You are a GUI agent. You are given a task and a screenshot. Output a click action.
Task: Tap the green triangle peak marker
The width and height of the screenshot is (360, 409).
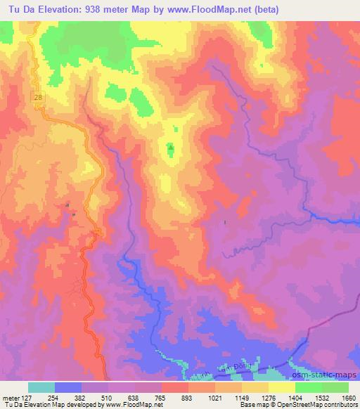[170, 148]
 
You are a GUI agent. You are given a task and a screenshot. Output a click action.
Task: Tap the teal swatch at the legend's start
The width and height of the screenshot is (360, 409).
[41, 387]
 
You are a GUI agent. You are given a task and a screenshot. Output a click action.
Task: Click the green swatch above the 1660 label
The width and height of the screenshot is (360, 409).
[335, 387]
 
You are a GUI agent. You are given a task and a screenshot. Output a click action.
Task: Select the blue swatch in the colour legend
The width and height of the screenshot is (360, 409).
[68, 387]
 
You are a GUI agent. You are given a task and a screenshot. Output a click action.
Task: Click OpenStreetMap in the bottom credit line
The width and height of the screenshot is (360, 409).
[300, 405]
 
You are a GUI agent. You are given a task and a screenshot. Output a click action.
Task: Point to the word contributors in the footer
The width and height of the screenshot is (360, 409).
[340, 405]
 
